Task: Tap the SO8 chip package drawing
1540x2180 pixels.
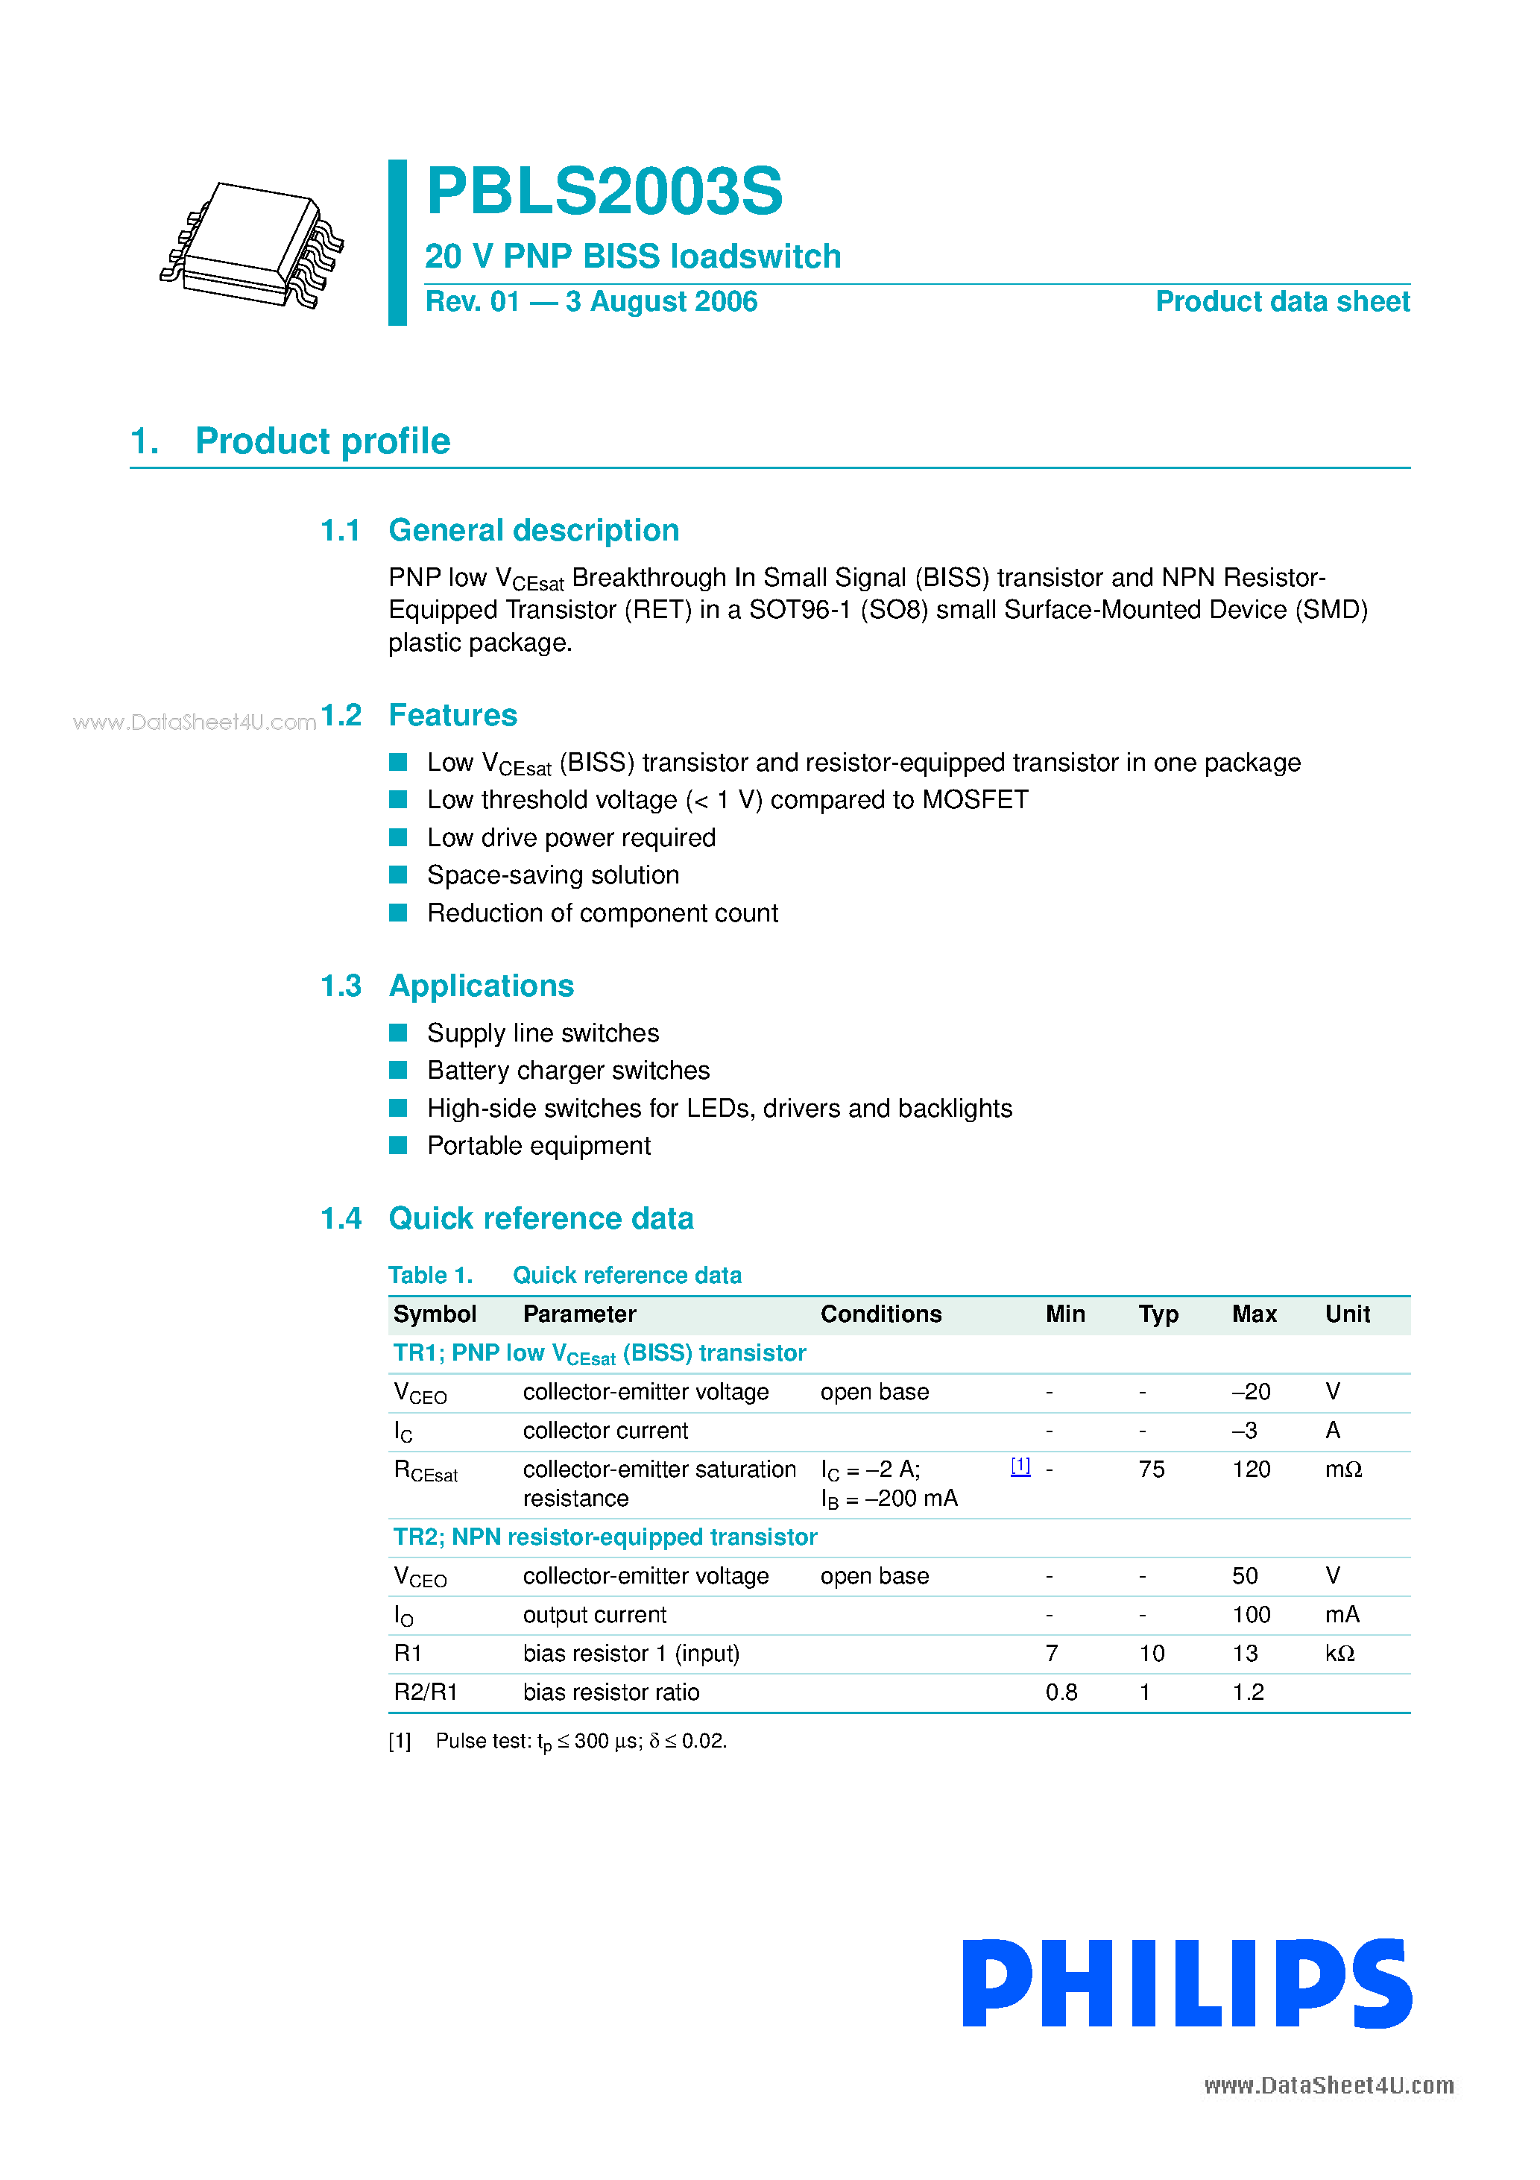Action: pyautogui.click(x=253, y=245)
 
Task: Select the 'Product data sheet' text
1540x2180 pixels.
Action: pyautogui.click(x=1282, y=302)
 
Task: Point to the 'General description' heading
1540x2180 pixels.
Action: pyautogui.click(x=534, y=530)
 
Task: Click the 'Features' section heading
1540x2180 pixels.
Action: pyautogui.click(x=453, y=715)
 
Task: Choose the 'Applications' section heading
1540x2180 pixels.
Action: pyautogui.click(x=482, y=986)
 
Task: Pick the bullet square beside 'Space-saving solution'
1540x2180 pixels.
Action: pyautogui.click(x=399, y=875)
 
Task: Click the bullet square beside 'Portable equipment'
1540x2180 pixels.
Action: pyautogui.click(x=399, y=1145)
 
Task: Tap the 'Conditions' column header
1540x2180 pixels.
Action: pyautogui.click(x=880, y=1314)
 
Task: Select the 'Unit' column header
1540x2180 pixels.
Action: pyautogui.click(x=1347, y=1314)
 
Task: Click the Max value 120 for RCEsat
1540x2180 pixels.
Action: pyautogui.click(x=1251, y=1469)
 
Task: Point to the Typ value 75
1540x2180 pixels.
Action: pyautogui.click(x=1152, y=1469)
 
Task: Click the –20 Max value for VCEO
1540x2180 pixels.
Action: pyautogui.click(x=1251, y=1392)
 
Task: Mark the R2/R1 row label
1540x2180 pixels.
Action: pyautogui.click(x=426, y=1692)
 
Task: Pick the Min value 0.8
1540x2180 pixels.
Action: pyautogui.click(x=1061, y=1692)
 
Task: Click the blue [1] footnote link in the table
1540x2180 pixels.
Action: pyautogui.click(x=1020, y=1466)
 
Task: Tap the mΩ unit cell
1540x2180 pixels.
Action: pyautogui.click(x=1342, y=1469)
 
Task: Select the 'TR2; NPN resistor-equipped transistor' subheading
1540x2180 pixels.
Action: pyautogui.click(x=605, y=1537)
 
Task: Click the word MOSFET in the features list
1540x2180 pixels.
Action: pyautogui.click(x=975, y=799)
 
